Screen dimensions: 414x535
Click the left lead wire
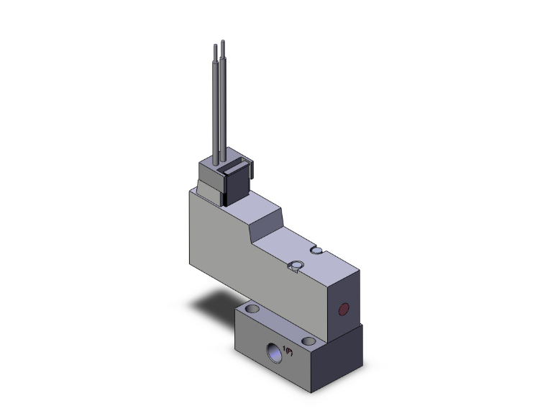coord(215,108)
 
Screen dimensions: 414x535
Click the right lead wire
coord(224,108)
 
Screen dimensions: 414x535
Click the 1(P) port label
coord(288,351)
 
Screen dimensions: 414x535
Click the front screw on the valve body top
coord(293,269)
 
